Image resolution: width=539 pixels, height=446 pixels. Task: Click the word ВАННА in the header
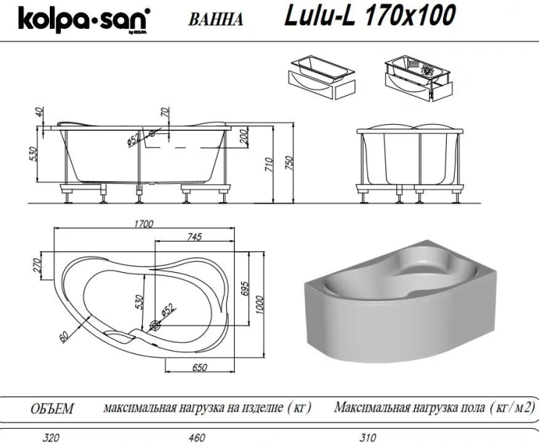[216, 20]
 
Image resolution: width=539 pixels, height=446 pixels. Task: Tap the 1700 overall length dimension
[144, 222]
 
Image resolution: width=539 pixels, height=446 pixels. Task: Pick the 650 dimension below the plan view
[198, 368]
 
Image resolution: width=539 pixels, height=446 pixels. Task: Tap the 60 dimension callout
[65, 337]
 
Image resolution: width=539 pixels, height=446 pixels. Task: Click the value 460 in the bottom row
[197, 438]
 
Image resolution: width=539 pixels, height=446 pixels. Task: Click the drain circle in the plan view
[156, 325]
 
